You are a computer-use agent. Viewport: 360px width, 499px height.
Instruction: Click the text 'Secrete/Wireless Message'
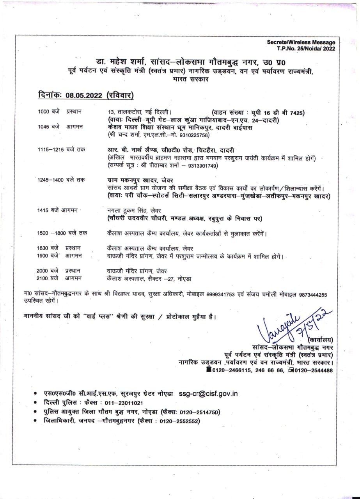pyautogui.click(x=301, y=42)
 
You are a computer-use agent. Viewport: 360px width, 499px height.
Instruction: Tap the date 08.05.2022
pyautogui.click(x=83, y=96)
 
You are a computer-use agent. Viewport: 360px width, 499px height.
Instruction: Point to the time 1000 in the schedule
pyautogui.click(x=44, y=112)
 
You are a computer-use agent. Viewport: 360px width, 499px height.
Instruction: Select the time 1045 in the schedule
pyautogui.click(x=44, y=127)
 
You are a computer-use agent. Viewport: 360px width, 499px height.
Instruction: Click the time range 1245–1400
pyautogui.click(x=54, y=180)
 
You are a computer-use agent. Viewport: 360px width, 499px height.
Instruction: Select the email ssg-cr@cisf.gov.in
pyautogui.click(x=208, y=394)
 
